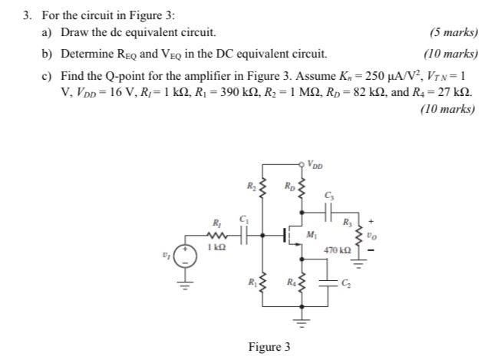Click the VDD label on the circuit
click(315, 163)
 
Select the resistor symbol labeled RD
click(301, 188)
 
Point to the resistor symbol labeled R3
click(358, 231)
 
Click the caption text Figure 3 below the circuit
click(269, 347)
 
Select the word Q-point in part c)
click(143, 77)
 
